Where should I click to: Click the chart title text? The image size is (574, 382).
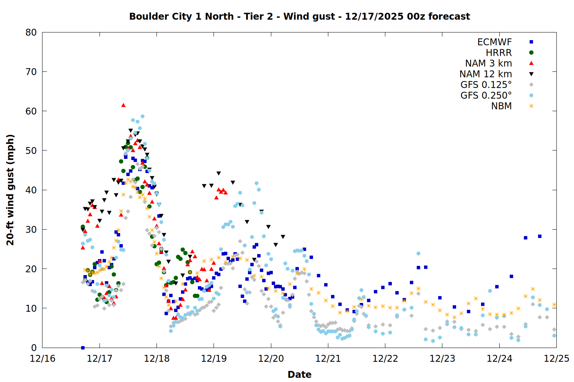point(299,16)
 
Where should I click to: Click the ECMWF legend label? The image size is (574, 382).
point(494,42)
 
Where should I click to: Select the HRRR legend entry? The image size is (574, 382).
point(499,53)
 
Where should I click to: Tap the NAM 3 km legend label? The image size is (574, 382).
point(488,63)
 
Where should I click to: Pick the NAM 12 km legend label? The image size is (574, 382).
point(486,74)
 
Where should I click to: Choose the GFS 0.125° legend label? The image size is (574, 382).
point(486,85)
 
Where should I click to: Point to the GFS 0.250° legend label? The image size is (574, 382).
point(486,95)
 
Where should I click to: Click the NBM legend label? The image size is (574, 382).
point(501,106)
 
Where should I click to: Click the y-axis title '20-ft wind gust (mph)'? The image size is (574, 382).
point(10,190)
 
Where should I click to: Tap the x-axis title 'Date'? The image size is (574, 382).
point(299,374)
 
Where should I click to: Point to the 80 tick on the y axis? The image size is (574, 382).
point(31,32)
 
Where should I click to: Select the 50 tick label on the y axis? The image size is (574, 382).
point(31,151)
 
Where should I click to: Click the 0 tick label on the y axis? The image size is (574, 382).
point(34,348)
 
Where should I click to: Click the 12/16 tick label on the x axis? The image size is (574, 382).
point(42,359)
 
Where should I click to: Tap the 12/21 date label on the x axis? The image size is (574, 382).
point(328,359)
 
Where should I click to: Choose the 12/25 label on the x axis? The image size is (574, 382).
point(556,359)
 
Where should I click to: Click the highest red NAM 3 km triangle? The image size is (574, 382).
point(123,105)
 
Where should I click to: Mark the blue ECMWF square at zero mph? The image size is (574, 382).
point(83,348)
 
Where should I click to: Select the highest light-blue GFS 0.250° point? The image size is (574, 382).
point(142,116)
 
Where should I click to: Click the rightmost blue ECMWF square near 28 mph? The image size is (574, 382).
point(540,236)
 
